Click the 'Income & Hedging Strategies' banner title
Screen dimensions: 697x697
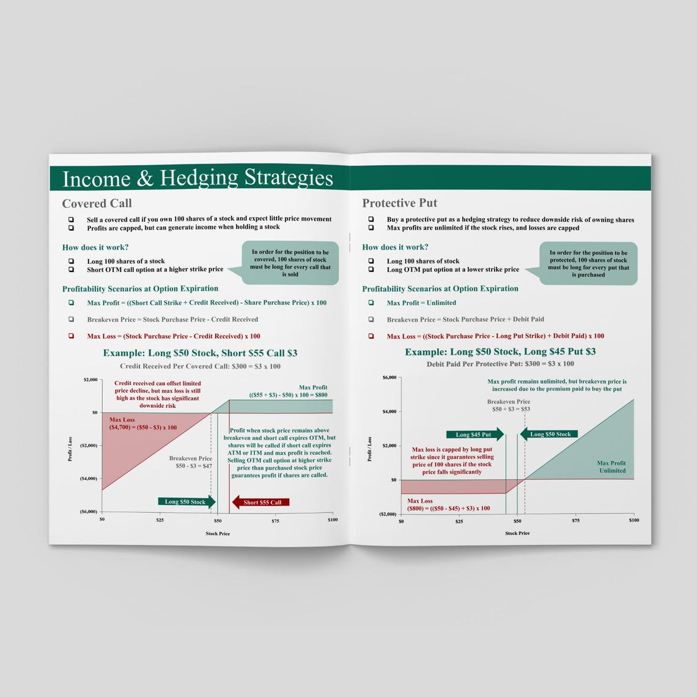coord(197,178)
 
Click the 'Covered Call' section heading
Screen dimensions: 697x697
coord(97,204)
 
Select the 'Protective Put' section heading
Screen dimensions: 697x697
coord(399,203)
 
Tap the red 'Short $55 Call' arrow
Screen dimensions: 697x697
coord(260,502)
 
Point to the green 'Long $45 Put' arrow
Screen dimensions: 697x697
coord(474,435)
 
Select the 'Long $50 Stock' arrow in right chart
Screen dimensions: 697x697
coord(548,435)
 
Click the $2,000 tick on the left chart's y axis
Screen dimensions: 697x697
coord(90,380)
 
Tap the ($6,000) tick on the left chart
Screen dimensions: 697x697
coord(89,511)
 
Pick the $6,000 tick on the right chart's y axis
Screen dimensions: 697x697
coord(389,377)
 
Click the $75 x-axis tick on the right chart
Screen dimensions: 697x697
coord(575,521)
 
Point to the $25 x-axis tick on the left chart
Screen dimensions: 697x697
coord(160,520)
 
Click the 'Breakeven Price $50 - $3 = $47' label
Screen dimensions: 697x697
coord(190,462)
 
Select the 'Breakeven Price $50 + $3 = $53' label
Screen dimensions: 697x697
coord(508,405)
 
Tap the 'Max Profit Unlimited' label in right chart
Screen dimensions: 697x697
coord(611,467)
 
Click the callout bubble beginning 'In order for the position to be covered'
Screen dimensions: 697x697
coord(290,263)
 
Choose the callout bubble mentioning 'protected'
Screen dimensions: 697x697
coord(588,264)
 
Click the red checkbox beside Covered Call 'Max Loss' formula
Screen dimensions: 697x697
coord(71,336)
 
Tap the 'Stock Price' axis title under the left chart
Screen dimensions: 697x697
coord(218,534)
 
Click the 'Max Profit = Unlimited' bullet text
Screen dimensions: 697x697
coord(421,303)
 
